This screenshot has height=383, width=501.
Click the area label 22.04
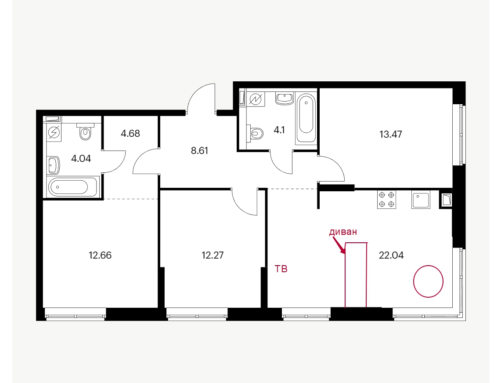(x=391, y=255)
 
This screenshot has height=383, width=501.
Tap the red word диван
(x=343, y=232)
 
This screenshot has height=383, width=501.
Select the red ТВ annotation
(x=281, y=269)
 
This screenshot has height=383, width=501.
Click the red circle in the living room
(x=428, y=281)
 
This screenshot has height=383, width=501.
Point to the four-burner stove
(x=386, y=199)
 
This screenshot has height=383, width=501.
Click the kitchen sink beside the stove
(x=421, y=199)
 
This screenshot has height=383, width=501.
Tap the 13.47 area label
(x=390, y=135)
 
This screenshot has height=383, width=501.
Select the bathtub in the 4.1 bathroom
(x=306, y=118)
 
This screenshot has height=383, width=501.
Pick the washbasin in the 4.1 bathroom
(x=285, y=99)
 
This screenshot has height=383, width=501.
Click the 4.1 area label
(x=279, y=130)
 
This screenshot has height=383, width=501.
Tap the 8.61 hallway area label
(x=199, y=151)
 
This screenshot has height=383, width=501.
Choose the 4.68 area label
(x=130, y=133)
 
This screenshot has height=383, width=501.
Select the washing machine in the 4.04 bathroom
(x=54, y=132)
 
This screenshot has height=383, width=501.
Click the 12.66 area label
(x=100, y=255)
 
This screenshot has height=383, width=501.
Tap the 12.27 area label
(x=213, y=255)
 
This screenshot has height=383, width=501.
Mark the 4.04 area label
(x=81, y=159)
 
